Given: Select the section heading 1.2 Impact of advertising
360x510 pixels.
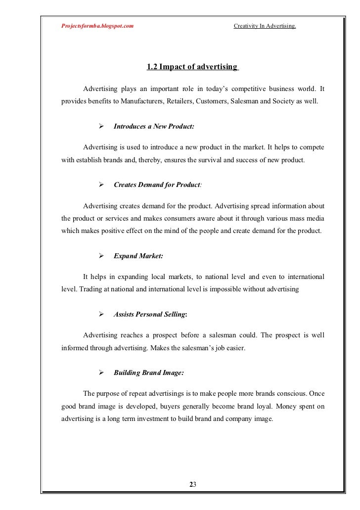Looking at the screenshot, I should click(192, 67).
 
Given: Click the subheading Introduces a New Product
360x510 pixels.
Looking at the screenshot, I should click(154, 127).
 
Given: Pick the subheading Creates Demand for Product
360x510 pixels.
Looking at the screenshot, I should click(158, 185).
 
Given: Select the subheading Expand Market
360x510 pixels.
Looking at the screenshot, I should click(138, 256).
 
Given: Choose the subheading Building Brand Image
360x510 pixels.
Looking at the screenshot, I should click(149, 372).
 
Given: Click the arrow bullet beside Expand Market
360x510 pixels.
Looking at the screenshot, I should click(101, 256).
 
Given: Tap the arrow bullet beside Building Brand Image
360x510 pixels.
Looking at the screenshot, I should click(101, 372).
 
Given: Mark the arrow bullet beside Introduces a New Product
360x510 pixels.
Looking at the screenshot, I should click(101, 127).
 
